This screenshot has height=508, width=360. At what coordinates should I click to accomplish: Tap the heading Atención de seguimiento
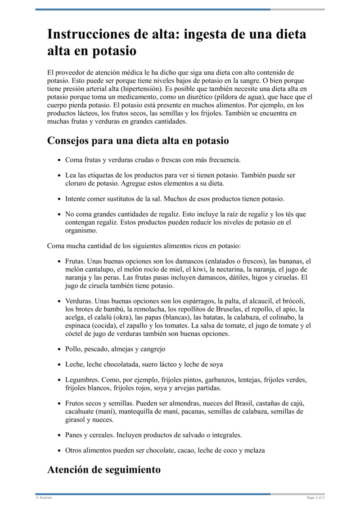[103, 469]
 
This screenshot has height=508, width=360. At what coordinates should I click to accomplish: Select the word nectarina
[226, 269]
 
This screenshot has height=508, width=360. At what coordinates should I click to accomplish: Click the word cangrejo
[153, 349]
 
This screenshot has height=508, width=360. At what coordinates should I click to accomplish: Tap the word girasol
[75, 419]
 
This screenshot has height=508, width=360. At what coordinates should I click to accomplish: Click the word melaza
[255, 450]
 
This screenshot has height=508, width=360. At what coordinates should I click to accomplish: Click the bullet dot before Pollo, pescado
[59, 349]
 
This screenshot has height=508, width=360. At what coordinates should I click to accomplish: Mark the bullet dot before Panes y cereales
[59, 436]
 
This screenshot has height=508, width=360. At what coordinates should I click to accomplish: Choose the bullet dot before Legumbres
[59, 380]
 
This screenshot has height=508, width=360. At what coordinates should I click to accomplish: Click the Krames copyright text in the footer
[44, 498]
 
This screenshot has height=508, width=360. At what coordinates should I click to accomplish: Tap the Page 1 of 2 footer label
[315, 498]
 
